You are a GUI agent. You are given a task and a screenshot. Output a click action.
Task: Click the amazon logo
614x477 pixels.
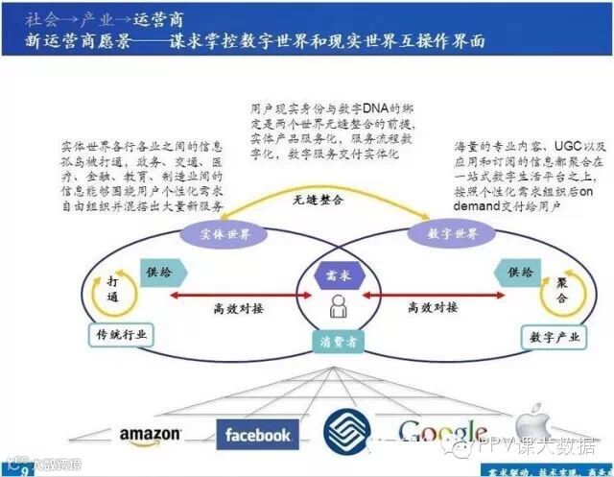150,436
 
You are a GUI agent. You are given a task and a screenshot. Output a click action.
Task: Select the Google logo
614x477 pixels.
442,433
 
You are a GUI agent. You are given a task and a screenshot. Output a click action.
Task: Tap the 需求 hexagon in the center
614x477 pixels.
338,274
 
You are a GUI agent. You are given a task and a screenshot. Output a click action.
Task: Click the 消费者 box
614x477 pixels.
337,342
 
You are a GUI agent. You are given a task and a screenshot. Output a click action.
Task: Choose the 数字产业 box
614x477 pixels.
550,337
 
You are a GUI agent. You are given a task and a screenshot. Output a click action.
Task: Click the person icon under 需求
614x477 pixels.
338,306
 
